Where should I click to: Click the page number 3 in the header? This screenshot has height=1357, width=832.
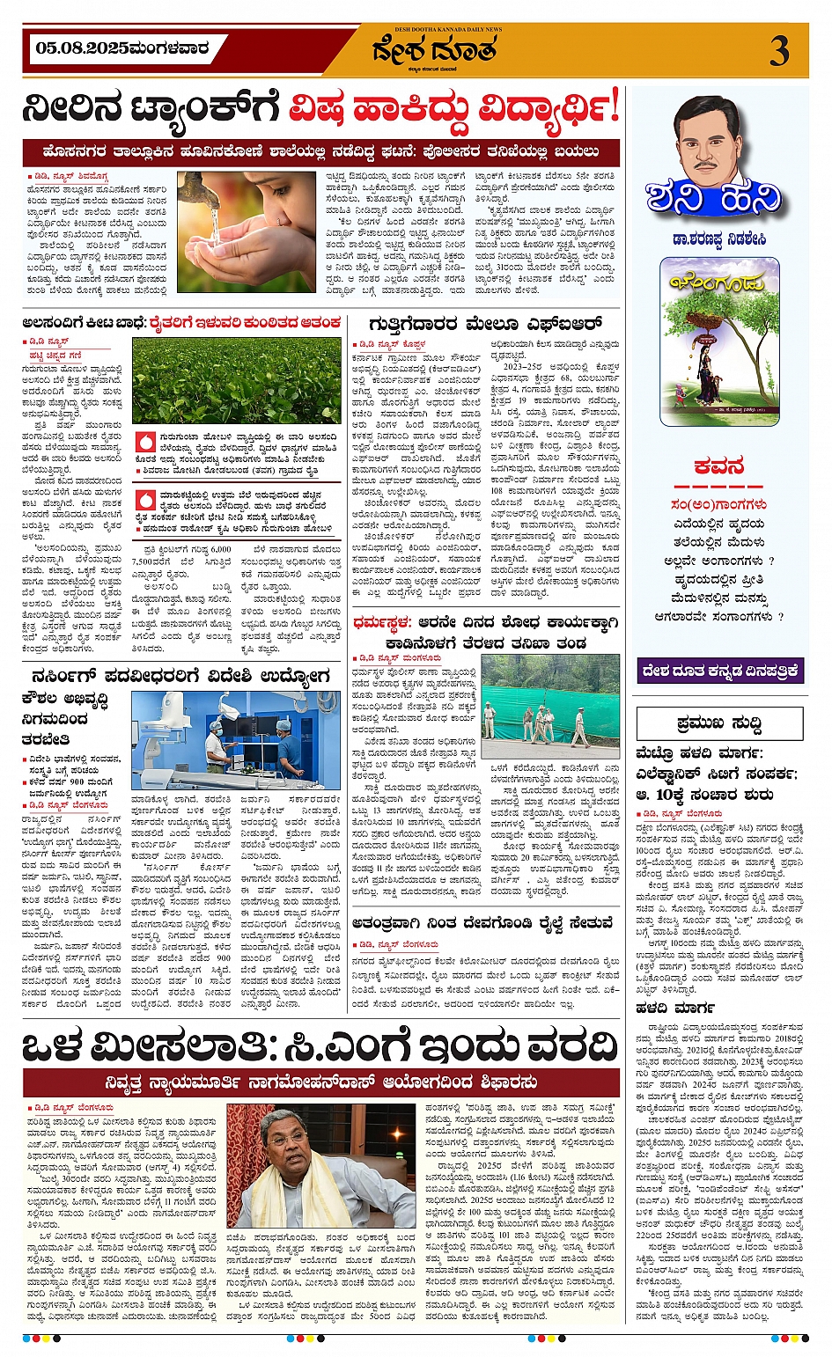779,52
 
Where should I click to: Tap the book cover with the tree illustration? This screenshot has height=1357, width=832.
719,342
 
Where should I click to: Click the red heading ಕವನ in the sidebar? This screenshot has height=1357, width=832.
719,466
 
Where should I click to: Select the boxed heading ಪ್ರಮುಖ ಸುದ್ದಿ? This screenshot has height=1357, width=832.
719,723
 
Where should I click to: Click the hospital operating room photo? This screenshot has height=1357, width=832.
235,739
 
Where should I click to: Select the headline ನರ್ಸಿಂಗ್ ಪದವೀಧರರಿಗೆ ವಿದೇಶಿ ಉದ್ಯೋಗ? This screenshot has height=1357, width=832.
180,676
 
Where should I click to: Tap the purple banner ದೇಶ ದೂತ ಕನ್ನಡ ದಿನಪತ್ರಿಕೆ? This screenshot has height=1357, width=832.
719,671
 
